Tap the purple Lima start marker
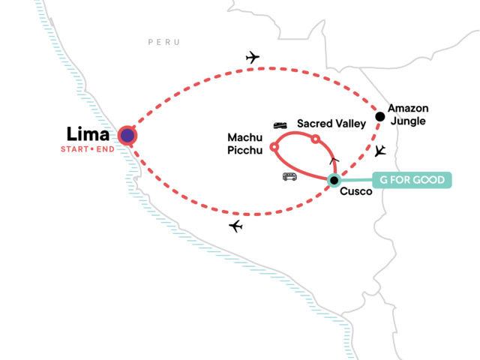click(127, 135)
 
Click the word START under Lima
click(76, 148)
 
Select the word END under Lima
click(105, 148)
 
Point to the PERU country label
click(164, 43)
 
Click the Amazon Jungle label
click(409, 115)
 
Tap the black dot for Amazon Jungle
click(380, 116)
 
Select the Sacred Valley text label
click(331, 123)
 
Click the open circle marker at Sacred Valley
click(316, 139)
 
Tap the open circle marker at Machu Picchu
click(274, 146)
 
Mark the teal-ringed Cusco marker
click(334, 179)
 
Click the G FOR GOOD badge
click(412, 181)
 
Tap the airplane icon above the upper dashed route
click(252, 57)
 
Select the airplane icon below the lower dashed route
click(236, 226)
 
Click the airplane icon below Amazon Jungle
click(381, 151)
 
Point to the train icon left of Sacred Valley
click(280, 125)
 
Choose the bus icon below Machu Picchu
click(289, 177)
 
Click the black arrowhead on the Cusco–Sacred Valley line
click(334, 160)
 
